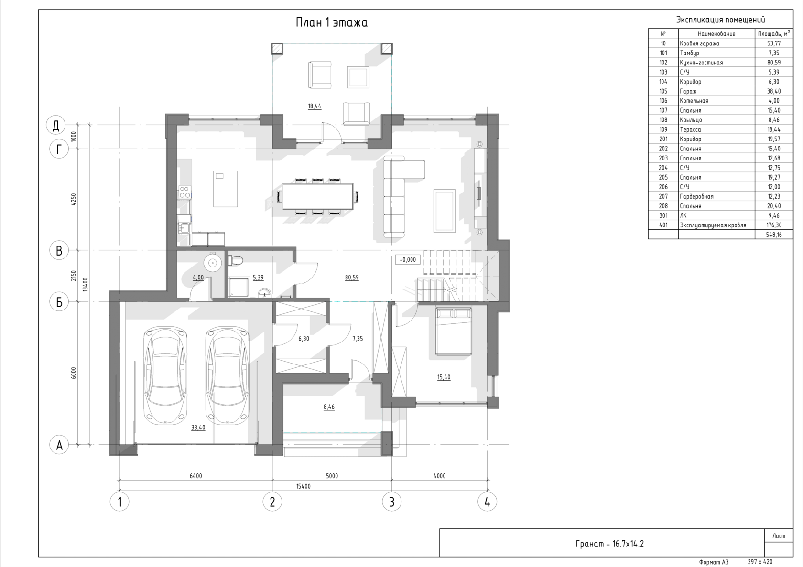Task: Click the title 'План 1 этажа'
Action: (x=332, y=22)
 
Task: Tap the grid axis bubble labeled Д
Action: (x=55, y=125)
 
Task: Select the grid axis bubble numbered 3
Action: (x=391, y=502)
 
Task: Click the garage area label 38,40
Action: (x=198, y=428)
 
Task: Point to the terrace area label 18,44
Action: (x=315, y=106)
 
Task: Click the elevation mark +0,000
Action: (x=408, y=260)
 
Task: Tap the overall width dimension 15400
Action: (x=303, y=486)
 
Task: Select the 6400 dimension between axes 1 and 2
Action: (x=196, y=476)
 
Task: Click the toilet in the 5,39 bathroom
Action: (x=235, y=260)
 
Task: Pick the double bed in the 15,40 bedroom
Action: (x=453, y=331)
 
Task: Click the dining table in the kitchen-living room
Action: (x=317, y=196)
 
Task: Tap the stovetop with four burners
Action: (x=184, y=193)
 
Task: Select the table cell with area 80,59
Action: (x=774, y=62)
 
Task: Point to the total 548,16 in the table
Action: (x=774, y=235)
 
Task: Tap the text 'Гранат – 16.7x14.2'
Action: (x=610, y=544)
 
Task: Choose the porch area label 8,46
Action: (x=329, y=407)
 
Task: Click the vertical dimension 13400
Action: (x=85, y=285)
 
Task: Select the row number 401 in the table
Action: (x=663, y=225)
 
